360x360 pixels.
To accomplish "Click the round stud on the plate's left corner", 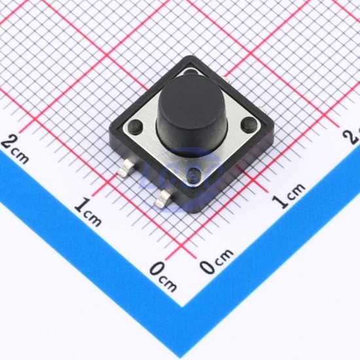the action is [x=135, y=126].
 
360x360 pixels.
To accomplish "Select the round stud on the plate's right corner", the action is [x=249, y=123].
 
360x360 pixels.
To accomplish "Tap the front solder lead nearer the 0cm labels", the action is [x=164, y=198].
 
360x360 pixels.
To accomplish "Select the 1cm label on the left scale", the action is [x=88, y=211].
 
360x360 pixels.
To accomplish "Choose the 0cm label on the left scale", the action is [x=163, y=276].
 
